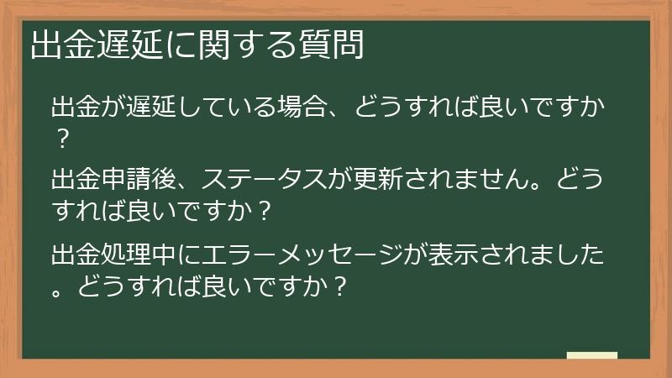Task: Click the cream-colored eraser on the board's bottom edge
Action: [x=591, y=355]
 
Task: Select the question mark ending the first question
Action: [x=60, y=137]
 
